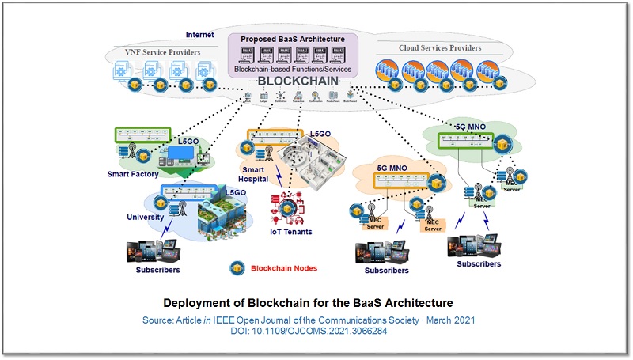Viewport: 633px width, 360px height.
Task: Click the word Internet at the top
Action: pos(199,35)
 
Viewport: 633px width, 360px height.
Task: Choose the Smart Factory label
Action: pos(133,174)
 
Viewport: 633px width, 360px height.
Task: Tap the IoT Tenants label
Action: pos(292,232)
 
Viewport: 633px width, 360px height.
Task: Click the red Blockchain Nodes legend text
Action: pos(284,268)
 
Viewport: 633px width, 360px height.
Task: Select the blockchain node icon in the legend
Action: pos(236,268)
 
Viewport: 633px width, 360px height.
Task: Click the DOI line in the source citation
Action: pos(316,331)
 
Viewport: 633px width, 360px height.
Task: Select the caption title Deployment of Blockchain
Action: pos(316,303)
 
